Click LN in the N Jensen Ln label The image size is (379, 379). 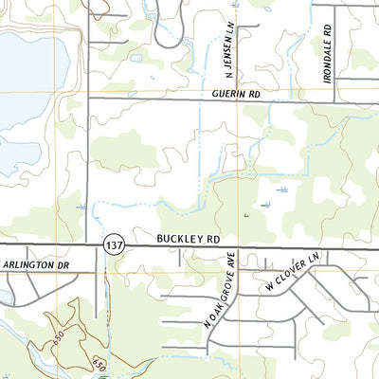[x=228, y=24]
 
